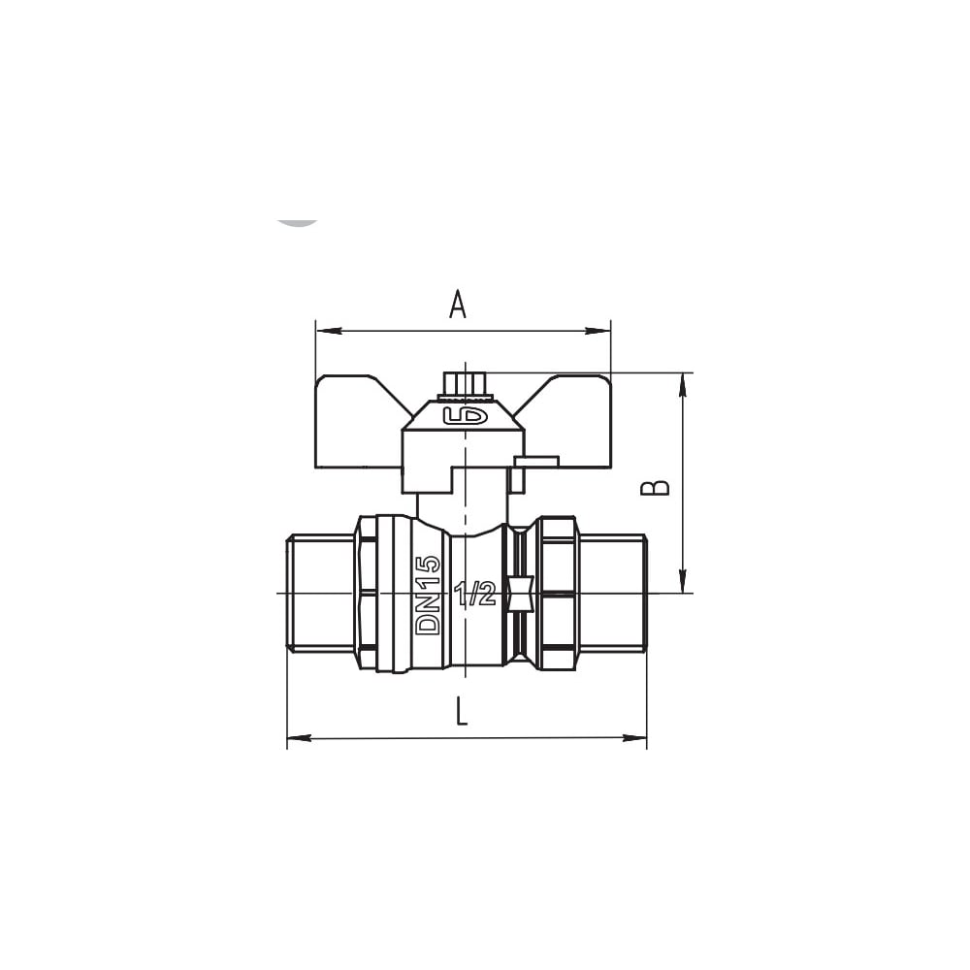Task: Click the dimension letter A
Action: point(457,305)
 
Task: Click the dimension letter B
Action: point(655,488)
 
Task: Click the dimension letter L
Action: point(461,711)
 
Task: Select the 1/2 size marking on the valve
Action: point(475,595)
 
